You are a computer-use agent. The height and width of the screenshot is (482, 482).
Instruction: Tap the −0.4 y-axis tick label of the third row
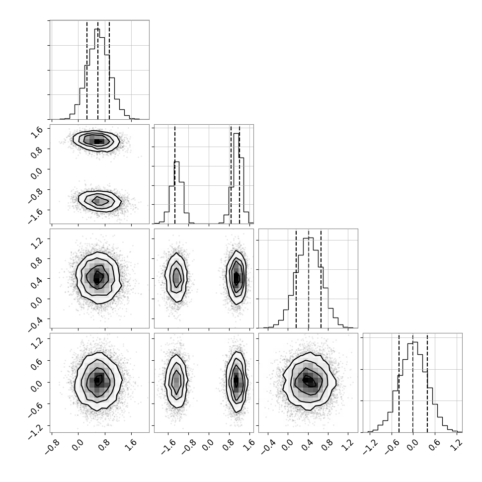click(35, 323)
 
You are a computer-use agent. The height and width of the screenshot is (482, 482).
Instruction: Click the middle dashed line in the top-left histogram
click(98, 71)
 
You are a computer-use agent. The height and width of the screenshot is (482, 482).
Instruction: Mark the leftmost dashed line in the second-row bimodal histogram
click(174, 174)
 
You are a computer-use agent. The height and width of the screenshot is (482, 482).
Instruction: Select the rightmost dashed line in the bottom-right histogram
click(427, 383)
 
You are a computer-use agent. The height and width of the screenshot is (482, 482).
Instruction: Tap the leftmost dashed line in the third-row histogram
click(296, 279)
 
